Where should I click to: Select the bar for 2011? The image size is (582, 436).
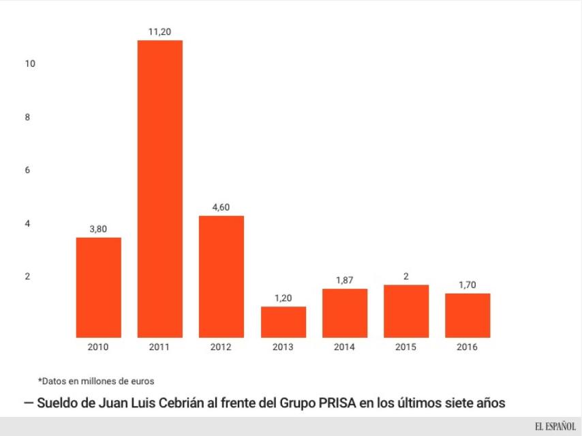[x=159, y=189]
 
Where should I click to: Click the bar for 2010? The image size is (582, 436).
[x=98, y=287]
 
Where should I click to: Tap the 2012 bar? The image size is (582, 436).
[x=221, y=276]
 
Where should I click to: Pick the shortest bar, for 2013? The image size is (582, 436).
[x=283, y=322]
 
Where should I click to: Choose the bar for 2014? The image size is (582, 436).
[x=344, y=313]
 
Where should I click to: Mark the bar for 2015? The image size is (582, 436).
[x=406, y=311]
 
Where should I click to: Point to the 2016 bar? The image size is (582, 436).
[x=468, y=315]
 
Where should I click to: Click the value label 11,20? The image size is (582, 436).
[x=160, y=31]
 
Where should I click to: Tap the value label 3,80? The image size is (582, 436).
[x=98, y=229]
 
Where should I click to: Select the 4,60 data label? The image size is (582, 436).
[x=221, y=207]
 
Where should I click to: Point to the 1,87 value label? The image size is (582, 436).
[x=344, y=280]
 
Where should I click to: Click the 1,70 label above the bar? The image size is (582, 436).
[x=468, y=285]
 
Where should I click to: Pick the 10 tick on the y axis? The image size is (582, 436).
[x=29, y=64]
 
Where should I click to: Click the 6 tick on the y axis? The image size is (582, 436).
[x=28, y=170]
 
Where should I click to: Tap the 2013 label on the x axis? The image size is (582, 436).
[x=283, y=347]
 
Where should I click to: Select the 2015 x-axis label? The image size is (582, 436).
[x=406, y=347]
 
